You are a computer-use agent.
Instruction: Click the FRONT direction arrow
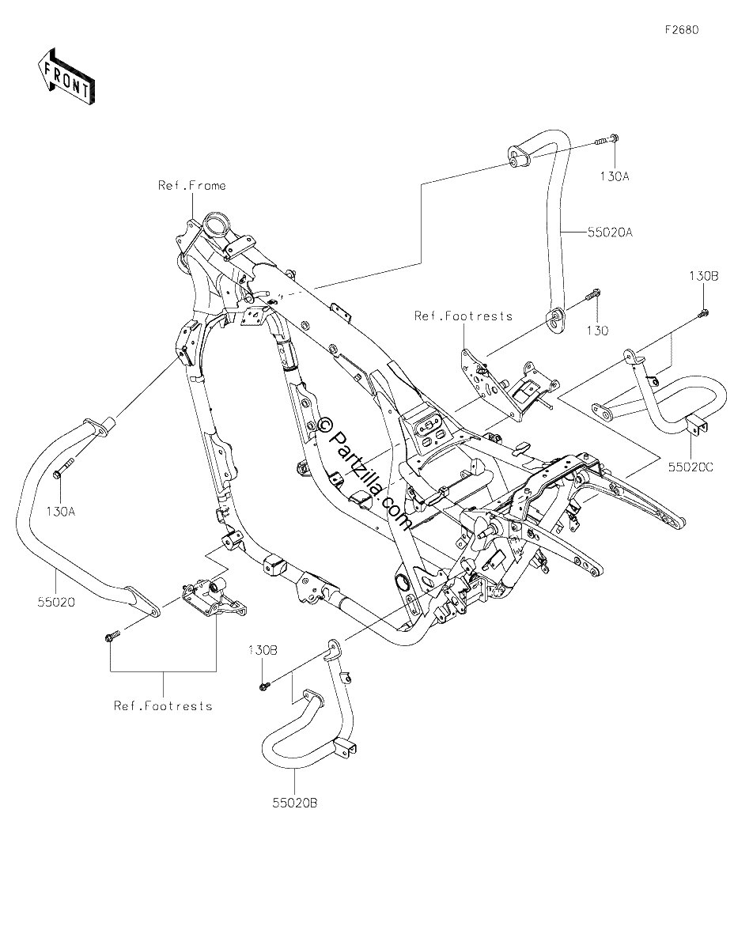click(x=66, y=77)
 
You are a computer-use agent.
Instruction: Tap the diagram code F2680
click(x=682, y=30)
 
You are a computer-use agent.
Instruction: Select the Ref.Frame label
click(x=191, y=186)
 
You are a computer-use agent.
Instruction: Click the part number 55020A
click(x=610, y=233)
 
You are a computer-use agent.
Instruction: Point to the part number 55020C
click(x=690, y=467)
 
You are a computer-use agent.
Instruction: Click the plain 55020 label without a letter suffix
click(x=56, y=603)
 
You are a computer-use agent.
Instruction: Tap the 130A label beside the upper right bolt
click(x=615, y=176)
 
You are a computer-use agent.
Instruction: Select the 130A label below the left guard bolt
click(x=61, y=511)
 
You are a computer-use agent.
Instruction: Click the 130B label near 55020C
click(x=704, y=276)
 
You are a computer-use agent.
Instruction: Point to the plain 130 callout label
click(x=597, y=331)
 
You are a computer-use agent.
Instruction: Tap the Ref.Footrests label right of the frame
click(x=463, y=316)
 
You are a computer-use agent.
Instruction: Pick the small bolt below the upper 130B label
click(x=703, y=312)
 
